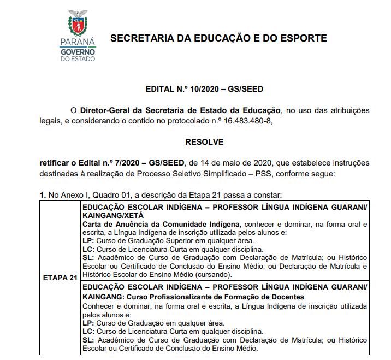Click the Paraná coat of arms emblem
pyautogui.click(x=77, y=23)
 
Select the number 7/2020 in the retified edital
pyautogui.click(x=124, y=163)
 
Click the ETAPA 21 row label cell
pyautogui.click(x=60, y=278)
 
